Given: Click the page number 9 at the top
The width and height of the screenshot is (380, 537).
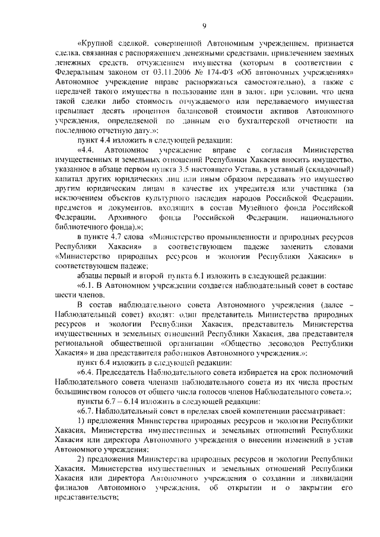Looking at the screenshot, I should point(204,24).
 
